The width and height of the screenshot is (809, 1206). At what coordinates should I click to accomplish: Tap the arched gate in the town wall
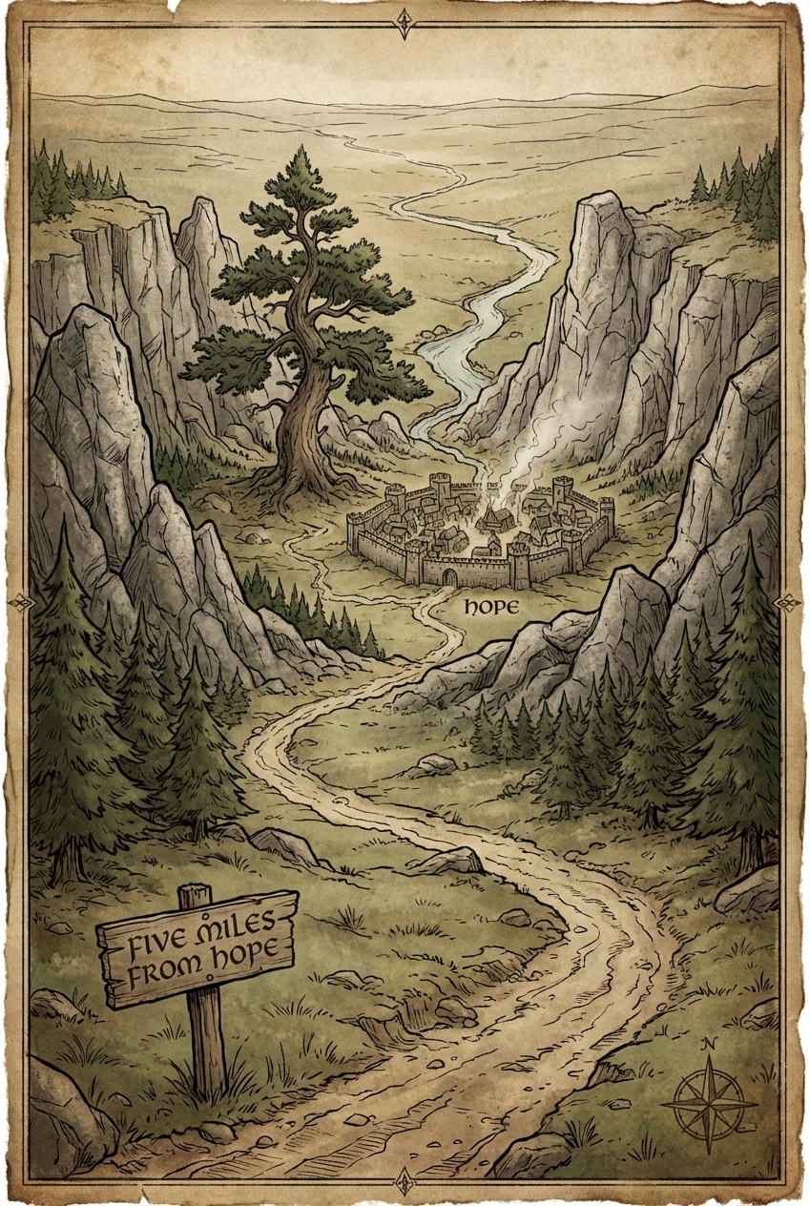point(448,575)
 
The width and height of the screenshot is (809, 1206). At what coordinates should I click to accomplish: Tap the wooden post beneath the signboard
point(205,1045)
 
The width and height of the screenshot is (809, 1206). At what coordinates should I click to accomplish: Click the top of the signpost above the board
point(194,895)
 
